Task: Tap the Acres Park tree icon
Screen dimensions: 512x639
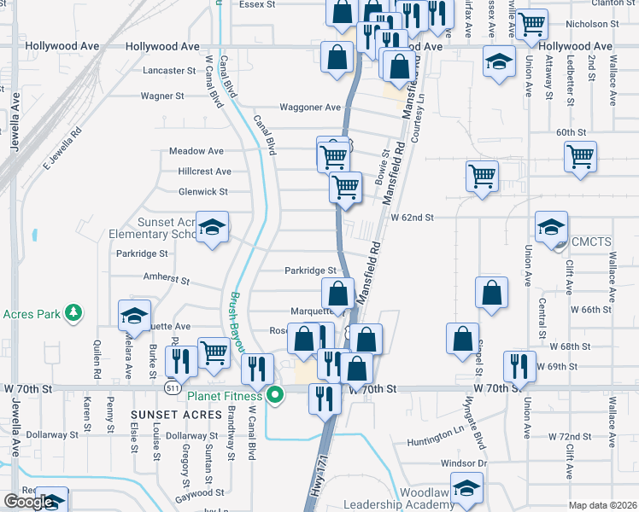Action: click(x=74, y=313)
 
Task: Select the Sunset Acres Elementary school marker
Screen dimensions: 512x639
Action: click(x=213, y=227)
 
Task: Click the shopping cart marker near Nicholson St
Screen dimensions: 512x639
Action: click(x=532, y=26)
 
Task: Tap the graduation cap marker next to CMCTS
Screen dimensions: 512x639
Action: click(x=551, y=227)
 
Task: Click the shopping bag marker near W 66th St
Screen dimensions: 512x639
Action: click(x=492, y=293)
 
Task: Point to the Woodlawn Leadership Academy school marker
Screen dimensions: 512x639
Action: click(x=466, y=489)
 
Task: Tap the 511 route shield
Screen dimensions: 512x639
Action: click(x=173, y=387)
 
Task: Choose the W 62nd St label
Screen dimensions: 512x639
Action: click(x=413, y=218)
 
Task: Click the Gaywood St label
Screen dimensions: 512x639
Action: click(x=198, y=492)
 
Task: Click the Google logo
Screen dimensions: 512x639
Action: click(x=28, y=502)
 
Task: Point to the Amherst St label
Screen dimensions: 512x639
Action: click(x=165, y=280)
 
